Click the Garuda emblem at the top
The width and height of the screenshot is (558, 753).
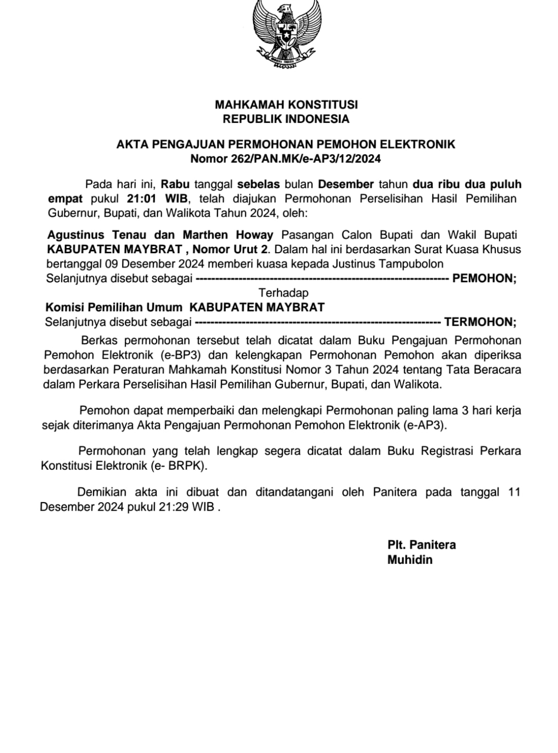pyautogui.click(x=287, y=34)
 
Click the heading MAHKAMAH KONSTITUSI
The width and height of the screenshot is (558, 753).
pyautogui.click(x=286, y=104)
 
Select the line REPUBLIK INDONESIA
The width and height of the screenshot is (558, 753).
pyautogui.click(x=286, y=119)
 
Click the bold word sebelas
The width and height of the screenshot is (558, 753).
pyautogui.click(x=258, y=184)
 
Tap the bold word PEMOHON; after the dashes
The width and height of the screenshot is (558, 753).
pyautogui.click(x=484, y=278)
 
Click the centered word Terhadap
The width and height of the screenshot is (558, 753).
pyautogui.click(x=284, y=293)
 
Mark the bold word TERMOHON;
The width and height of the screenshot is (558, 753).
pyautogui.click(x=480, y=322)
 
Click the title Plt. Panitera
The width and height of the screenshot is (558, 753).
pyautogui.click(x=422, y=545)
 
